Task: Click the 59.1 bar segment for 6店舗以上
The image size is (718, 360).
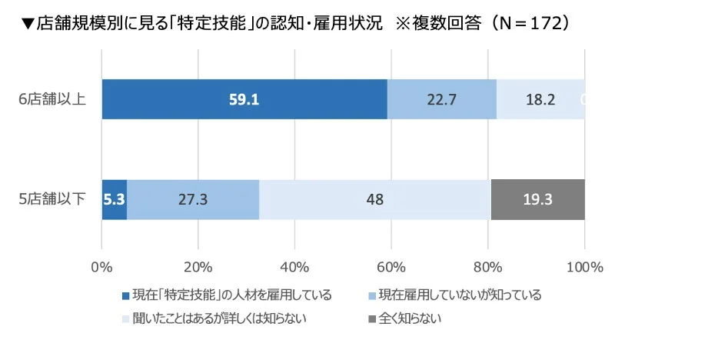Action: (x=244, y=99)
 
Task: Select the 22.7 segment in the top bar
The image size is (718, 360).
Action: (x=441, y=99)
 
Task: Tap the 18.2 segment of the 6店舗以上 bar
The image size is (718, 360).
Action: (x=540, y=99)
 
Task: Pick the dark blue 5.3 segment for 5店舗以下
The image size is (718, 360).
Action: (x=114, y=199)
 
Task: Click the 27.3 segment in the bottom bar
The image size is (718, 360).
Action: (x=192, y=199)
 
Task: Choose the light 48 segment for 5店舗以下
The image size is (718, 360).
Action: (x=374, y=199)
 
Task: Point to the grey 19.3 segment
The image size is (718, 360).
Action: (x=537, y=199)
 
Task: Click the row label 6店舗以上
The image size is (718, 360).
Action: (x=53, y=99)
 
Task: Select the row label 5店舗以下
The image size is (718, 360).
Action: (x=53, y=199)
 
